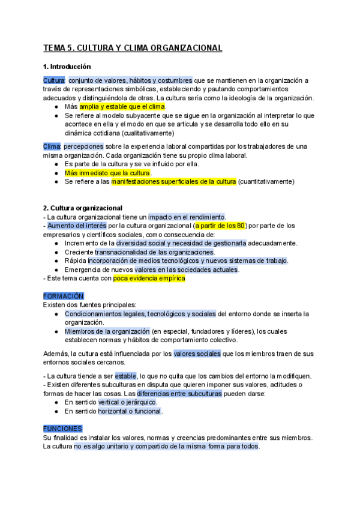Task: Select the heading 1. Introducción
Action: (67, 66)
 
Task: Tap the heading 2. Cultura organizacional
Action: (83, 208)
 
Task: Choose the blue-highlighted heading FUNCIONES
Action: (62, 412)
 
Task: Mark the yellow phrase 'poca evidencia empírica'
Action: (149, 279)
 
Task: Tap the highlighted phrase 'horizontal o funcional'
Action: (130, 411)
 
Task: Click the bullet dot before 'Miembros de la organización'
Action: (56, 331)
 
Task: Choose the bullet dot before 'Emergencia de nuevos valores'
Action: (56, 270)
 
